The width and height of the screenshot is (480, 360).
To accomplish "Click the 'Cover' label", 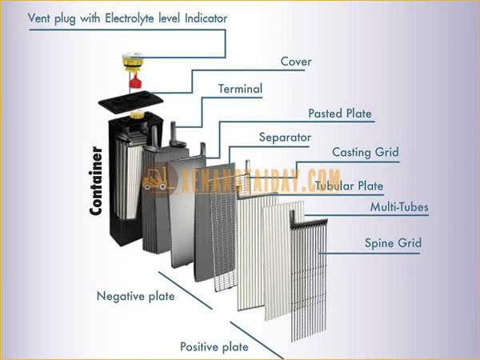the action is [x=296, y=62].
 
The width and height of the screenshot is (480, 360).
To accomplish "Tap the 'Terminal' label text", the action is [x=240, y=89].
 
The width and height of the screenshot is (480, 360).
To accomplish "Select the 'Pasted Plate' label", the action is [x=340, y=114].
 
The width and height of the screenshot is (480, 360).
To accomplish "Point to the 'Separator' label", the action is [x=285, y=138].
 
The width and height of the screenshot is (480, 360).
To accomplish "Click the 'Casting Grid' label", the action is [x=366, y=152].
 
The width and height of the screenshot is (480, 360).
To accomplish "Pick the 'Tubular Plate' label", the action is [x=349, y=186].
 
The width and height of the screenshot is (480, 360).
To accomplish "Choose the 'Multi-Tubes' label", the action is [x=399, y=207].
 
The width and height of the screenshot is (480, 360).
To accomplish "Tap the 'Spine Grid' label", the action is [x=393, y=243].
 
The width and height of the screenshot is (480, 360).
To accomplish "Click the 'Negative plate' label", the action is [x=136, y=296].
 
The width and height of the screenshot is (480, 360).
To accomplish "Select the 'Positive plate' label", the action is [x=214, y=347].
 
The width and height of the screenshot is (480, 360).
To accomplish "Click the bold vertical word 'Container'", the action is [x=95, y=181].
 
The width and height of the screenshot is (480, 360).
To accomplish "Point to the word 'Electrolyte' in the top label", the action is [x=129, y=18].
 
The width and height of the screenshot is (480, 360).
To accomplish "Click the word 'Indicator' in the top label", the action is [x=206, y=18].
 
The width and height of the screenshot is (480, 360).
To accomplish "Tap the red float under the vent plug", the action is [x=135, y=82].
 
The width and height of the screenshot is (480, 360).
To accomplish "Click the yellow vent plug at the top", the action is [x=133, y=62].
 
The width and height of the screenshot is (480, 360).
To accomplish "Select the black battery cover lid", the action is [x=130, y=102].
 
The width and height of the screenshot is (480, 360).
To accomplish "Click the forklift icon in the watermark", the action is [x=155, y=180].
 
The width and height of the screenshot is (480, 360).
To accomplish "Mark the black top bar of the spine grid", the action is [x=309, y=221].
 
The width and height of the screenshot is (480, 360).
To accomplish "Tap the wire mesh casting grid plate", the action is [x=223, y=233].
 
